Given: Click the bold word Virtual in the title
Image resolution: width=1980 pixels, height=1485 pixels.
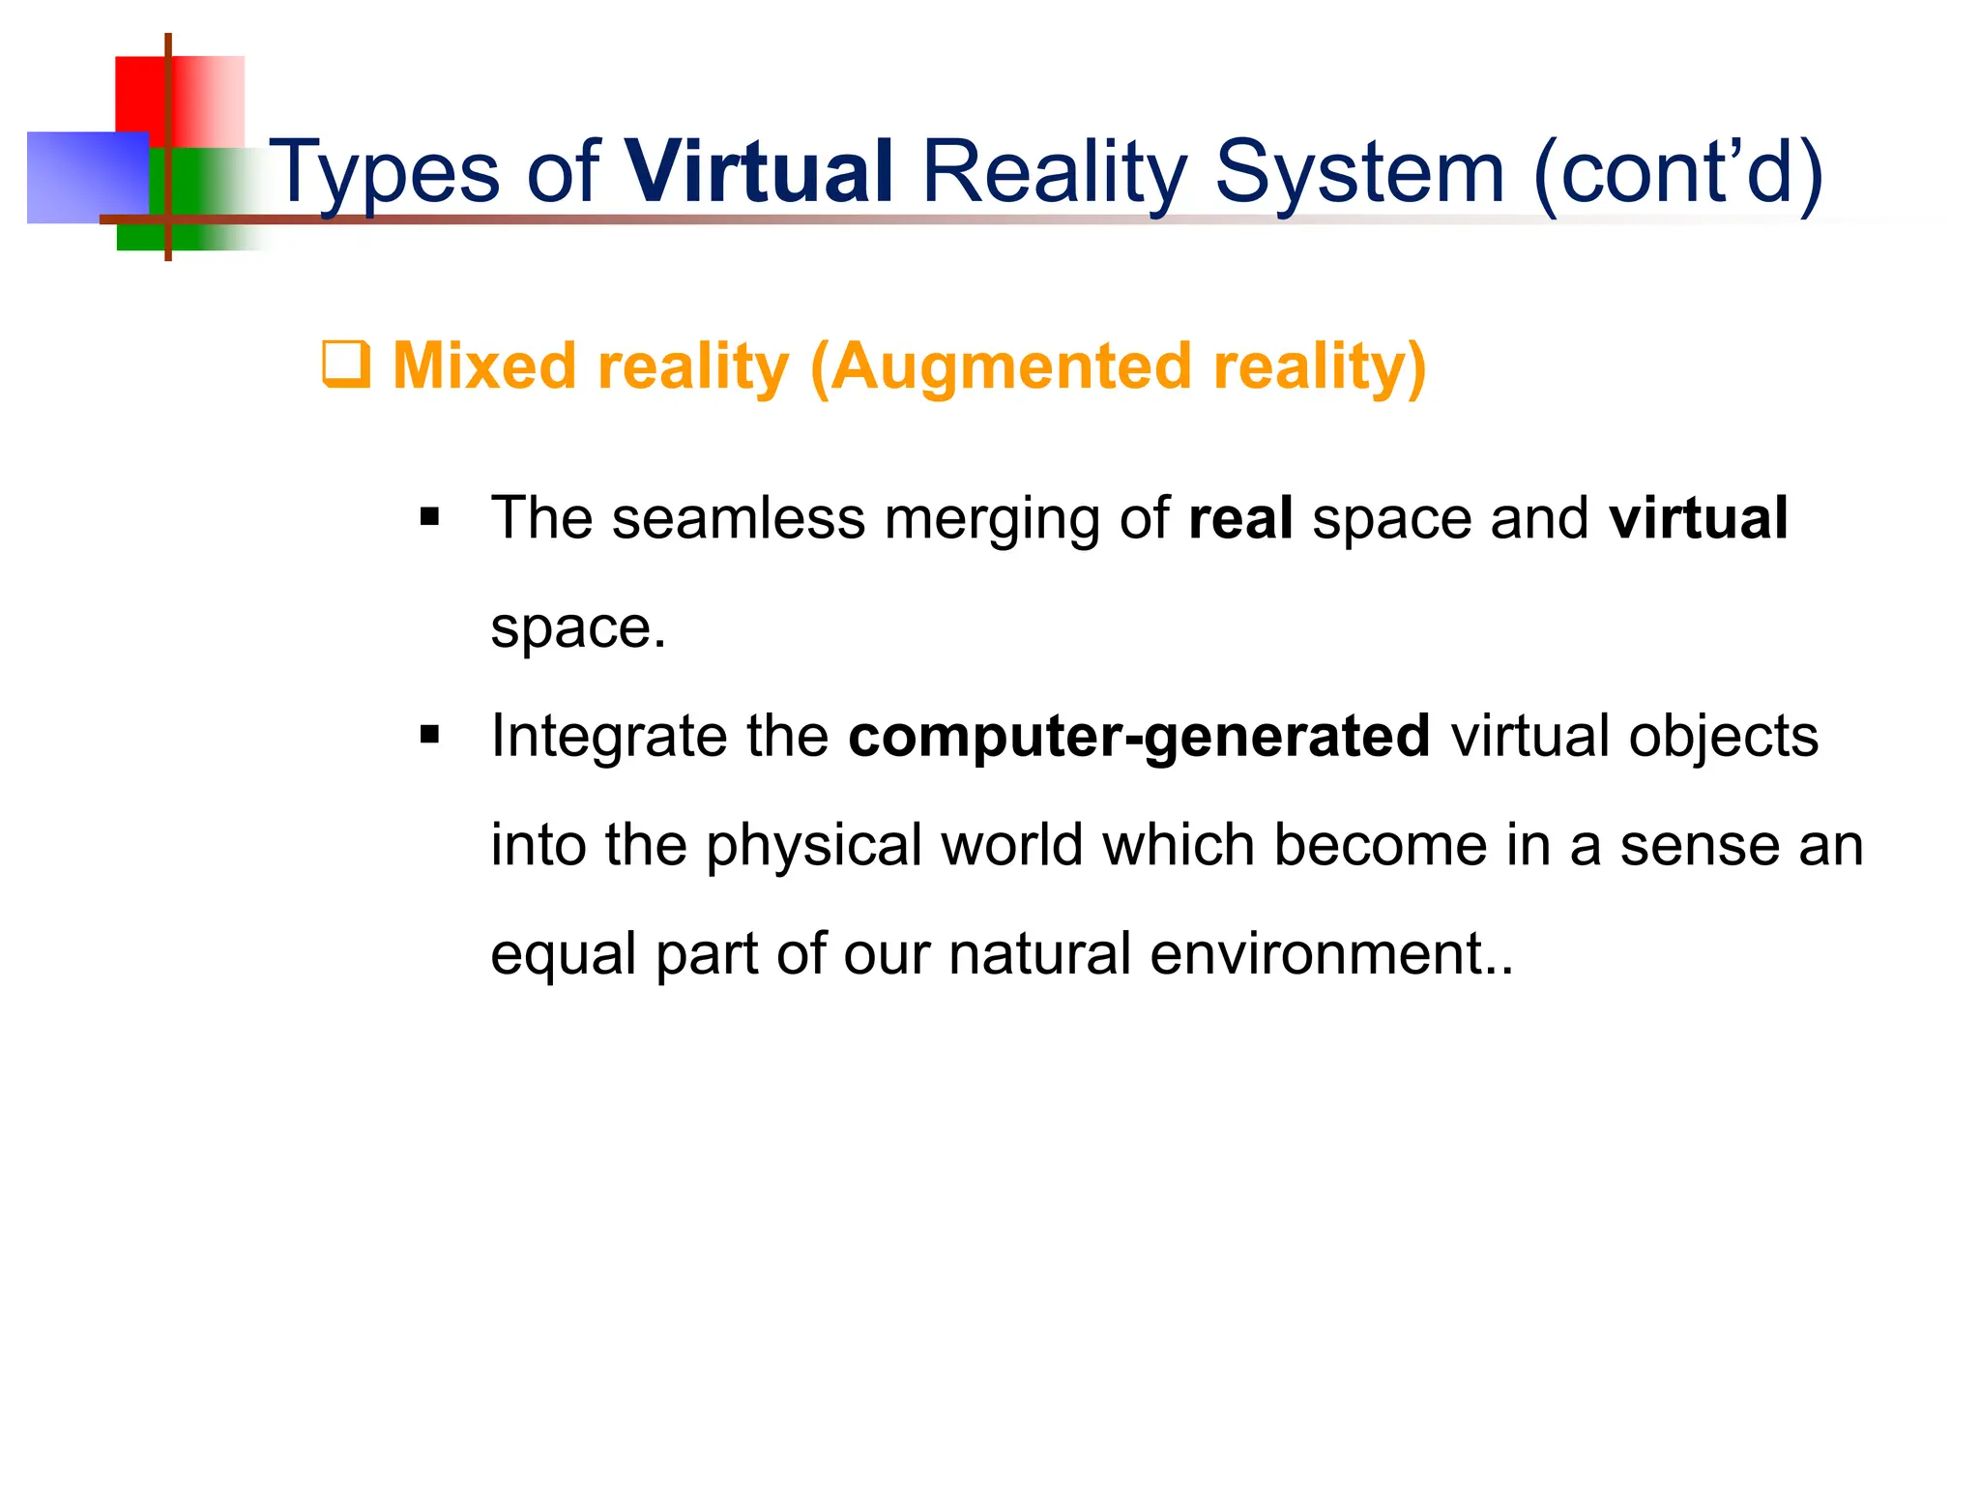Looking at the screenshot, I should point(759,172).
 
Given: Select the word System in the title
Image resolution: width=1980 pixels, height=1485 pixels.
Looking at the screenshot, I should point(1359,172).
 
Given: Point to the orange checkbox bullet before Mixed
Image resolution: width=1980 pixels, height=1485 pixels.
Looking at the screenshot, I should point(345,365).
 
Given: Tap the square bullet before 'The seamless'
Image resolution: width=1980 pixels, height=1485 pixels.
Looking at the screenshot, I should point(430,518).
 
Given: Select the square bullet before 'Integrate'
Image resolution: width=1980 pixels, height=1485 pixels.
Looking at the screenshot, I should point(430,737).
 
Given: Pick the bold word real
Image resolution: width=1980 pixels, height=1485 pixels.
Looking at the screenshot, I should point(1240,518).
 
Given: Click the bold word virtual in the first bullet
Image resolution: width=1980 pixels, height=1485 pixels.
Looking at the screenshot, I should point(1698,518).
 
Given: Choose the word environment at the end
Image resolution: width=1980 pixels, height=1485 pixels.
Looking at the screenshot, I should point(1316,954).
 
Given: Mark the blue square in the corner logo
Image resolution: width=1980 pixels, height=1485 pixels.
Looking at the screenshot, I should point(87,178).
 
